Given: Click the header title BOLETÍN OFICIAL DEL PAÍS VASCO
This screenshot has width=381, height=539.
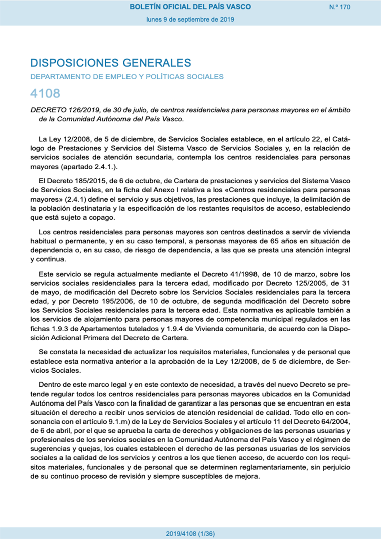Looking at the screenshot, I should [x=190, y=7].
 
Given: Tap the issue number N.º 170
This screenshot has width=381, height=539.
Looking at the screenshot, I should [x=340, y=7].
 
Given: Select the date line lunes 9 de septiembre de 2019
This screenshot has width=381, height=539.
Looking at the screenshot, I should [x=190, y=19].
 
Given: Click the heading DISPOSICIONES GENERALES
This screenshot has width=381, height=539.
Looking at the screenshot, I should [x=111, y=63].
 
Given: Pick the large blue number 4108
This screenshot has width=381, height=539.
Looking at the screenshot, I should [x=45, y=94].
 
